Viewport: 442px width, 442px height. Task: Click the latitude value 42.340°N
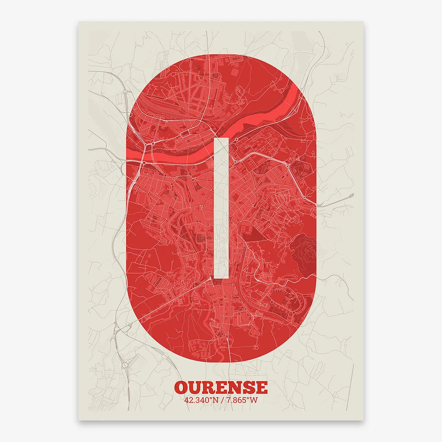201,400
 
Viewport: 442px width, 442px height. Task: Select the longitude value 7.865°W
242,400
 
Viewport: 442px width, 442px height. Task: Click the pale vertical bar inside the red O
221,207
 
